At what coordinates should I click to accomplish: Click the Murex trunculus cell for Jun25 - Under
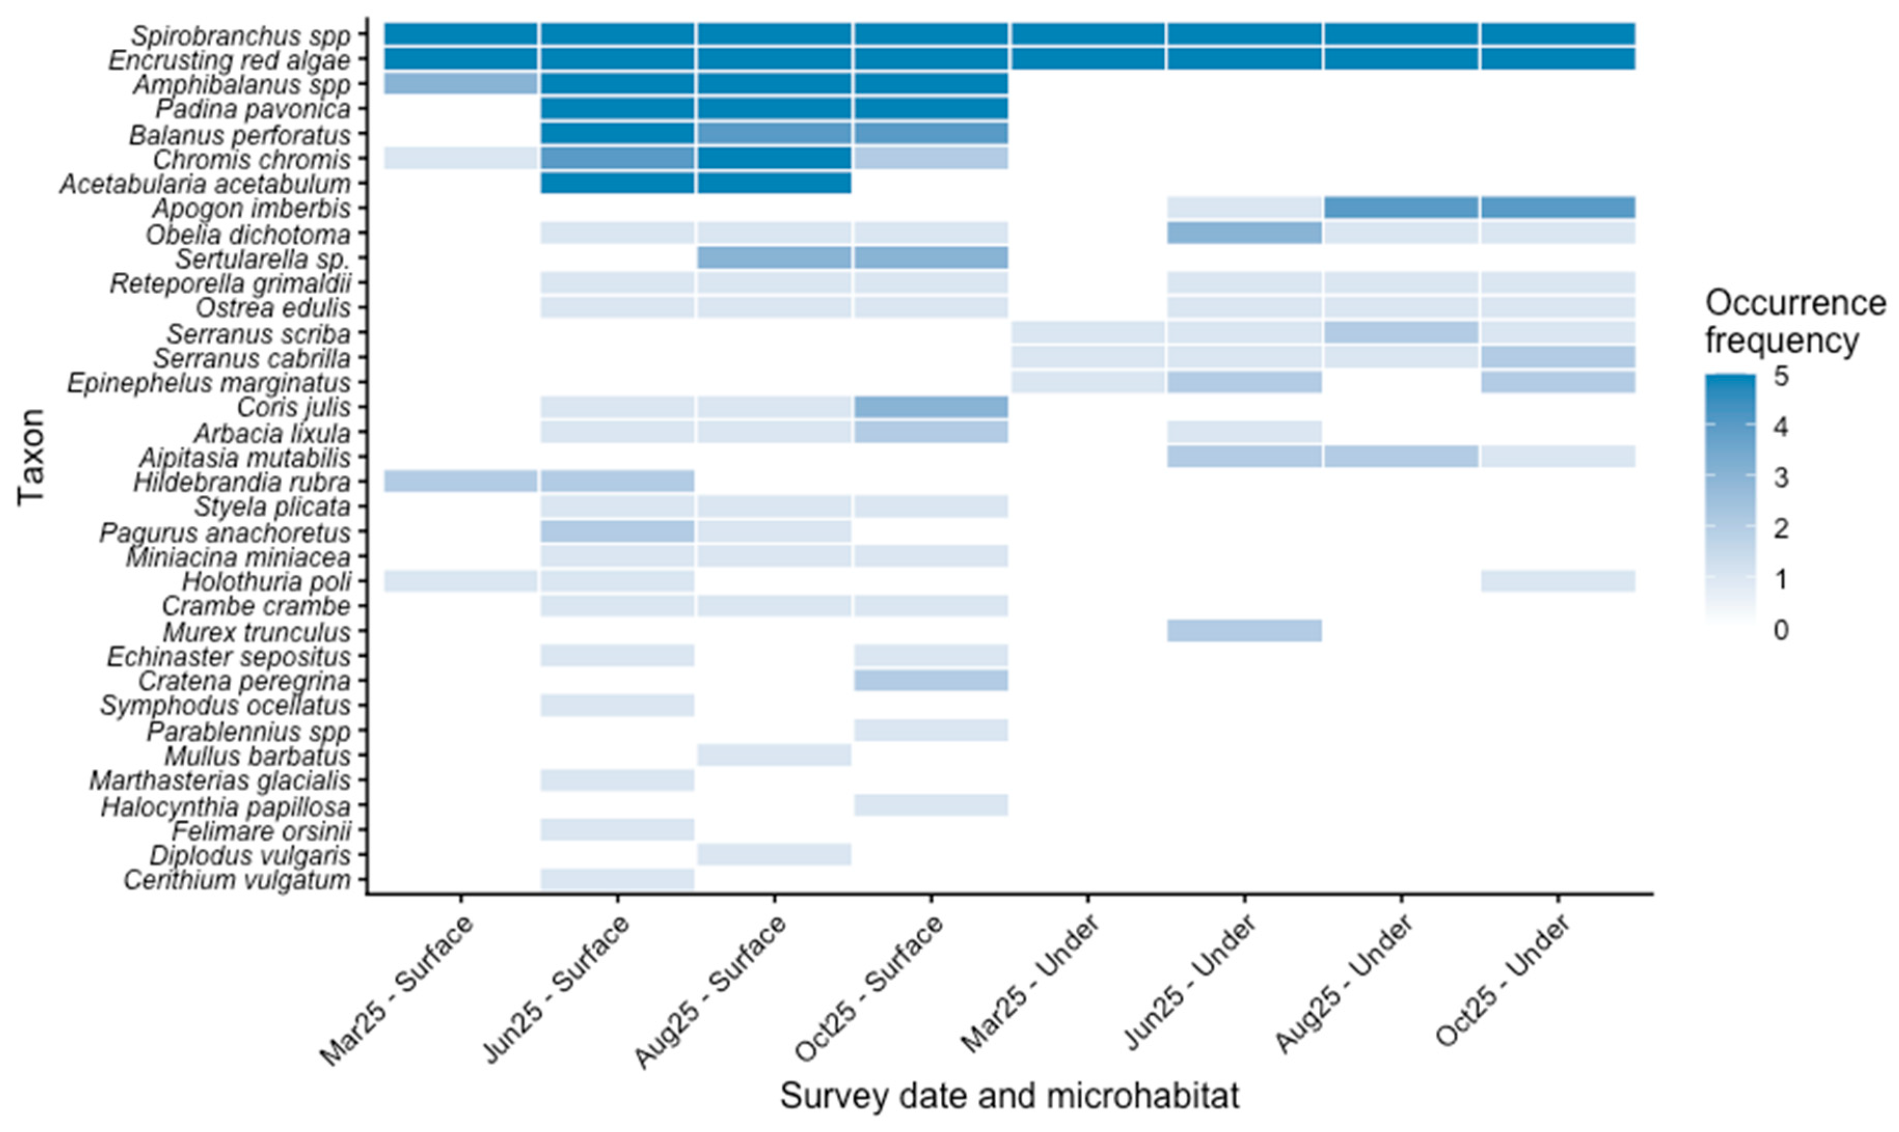coord(1245,631)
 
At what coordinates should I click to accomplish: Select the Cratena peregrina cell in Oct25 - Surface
coord(931,681)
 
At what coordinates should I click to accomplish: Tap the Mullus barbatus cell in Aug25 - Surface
coord(774,755)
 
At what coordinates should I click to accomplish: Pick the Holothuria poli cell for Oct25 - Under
coord(1558,581)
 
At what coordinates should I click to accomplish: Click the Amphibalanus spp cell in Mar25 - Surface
coord(461,84)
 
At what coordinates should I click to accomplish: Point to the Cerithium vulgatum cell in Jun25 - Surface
coord(617,879)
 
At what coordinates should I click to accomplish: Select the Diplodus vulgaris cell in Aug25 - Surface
coord(774,855)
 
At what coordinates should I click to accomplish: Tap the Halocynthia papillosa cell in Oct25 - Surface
coord(931,805)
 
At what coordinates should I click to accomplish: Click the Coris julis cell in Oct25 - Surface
coord(931,407)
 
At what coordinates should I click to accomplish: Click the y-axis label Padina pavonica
coord(253,109)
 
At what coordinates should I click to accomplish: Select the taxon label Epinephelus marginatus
coord(210,383)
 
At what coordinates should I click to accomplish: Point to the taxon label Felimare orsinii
coord(262,831)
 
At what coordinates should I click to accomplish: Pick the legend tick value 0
coord(1781,630)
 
